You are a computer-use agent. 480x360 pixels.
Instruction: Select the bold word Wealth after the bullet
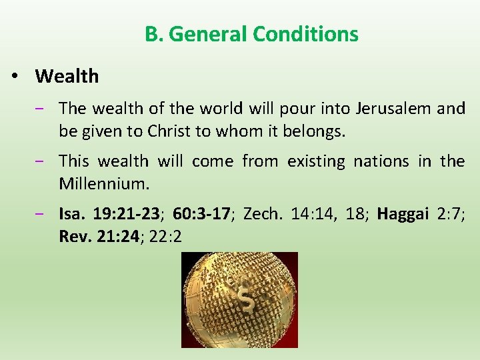pyautogui.click(x=67, y=76)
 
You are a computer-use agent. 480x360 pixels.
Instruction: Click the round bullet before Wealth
pyautogui.click(x=15, y=77)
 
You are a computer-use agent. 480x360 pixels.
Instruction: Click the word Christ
pyautogui.click(x=169, y=131)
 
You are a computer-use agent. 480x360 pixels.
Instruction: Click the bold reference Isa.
pyautogui.click(x=72, y=214)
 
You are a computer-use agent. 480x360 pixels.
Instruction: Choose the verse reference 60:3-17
pyautogui.click(x=201, y=214)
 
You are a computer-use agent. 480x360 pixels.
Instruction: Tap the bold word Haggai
pyautogui.click(x=402, y=214)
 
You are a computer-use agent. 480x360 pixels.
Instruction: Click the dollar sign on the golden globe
pyautogui.click(x=248, y=303)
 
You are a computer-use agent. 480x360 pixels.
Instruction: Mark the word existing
pyautogui.click(x=316, y=161)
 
